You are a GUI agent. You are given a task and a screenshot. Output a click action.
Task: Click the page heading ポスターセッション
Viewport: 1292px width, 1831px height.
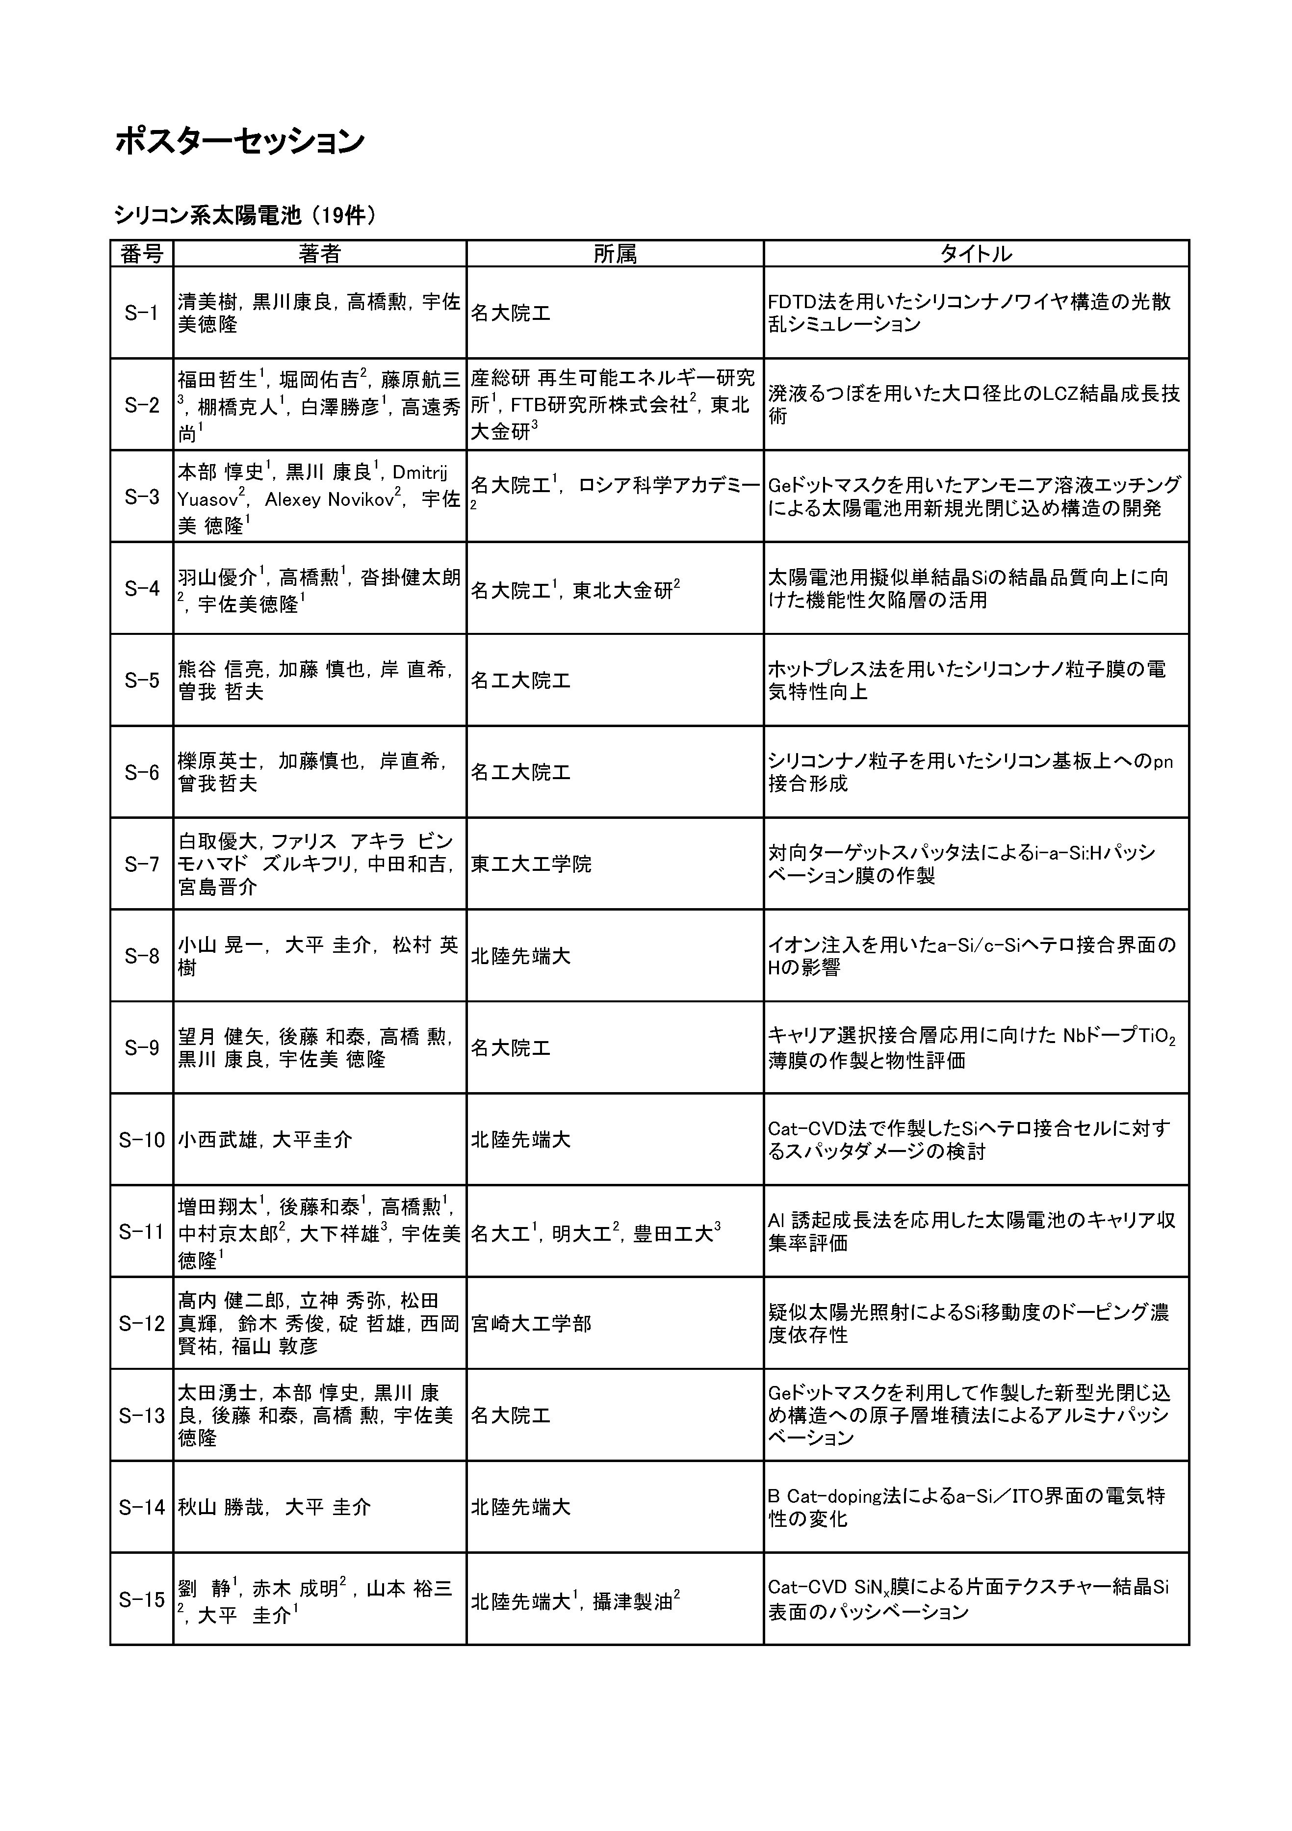pos(240,141)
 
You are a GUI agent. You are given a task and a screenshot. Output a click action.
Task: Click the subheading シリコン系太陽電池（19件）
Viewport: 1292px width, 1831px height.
pos(244,215)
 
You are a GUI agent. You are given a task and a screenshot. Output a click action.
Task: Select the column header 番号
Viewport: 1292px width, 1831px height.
pos(142,254)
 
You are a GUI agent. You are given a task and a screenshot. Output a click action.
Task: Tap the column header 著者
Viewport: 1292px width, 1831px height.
pos(320,254)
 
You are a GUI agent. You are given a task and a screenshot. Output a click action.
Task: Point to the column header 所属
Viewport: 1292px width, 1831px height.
pos(615,254)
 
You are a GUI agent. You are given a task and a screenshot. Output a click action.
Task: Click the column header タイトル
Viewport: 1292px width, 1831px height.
pos(976,254)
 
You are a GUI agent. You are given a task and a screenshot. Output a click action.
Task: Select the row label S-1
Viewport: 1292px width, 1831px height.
pos(142,313)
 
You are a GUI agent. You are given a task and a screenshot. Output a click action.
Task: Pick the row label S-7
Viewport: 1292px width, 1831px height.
pos(142,863)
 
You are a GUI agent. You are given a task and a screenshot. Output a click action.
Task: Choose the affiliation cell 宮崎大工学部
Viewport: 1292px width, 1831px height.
pos(531,1324)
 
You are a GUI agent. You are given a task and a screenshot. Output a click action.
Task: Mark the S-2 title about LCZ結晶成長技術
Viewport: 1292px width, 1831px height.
pos(974,405)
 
